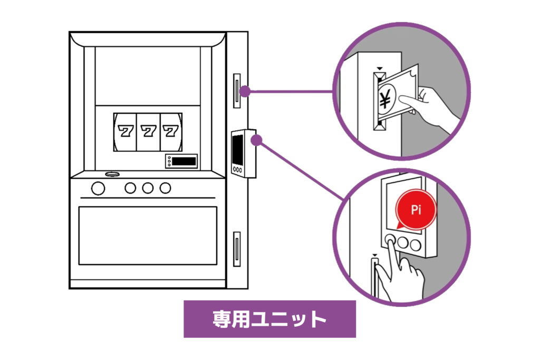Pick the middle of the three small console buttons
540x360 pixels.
click(148, 188)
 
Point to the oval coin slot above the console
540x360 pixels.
click(112, 174)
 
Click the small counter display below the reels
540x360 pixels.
click(181, 161)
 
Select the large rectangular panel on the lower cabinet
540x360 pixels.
click(148, 235)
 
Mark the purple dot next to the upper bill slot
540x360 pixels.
click(245, 91)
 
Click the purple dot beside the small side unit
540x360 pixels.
click(257, 140)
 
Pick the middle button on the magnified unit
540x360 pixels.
click(403, 243)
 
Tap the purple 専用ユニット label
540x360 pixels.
click(269, 319)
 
